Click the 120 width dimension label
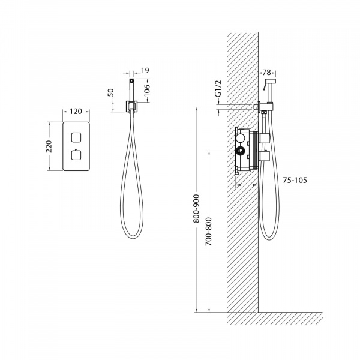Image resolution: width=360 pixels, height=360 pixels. click(76, 112)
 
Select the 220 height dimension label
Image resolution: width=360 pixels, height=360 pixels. click(49, 146)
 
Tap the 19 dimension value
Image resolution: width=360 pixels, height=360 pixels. click(145, 70)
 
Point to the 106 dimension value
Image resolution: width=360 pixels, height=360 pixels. click(146, 90)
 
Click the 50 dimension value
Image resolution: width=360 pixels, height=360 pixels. click(110, 92)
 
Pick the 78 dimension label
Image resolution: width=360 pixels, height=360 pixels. click(266, 73)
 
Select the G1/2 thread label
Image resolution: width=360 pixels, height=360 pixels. click(219, 88)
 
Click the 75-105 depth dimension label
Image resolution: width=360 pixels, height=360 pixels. click(295, 180)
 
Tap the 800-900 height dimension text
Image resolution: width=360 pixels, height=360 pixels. click(196, 208)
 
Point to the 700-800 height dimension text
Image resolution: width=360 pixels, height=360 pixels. click(208, 232)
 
